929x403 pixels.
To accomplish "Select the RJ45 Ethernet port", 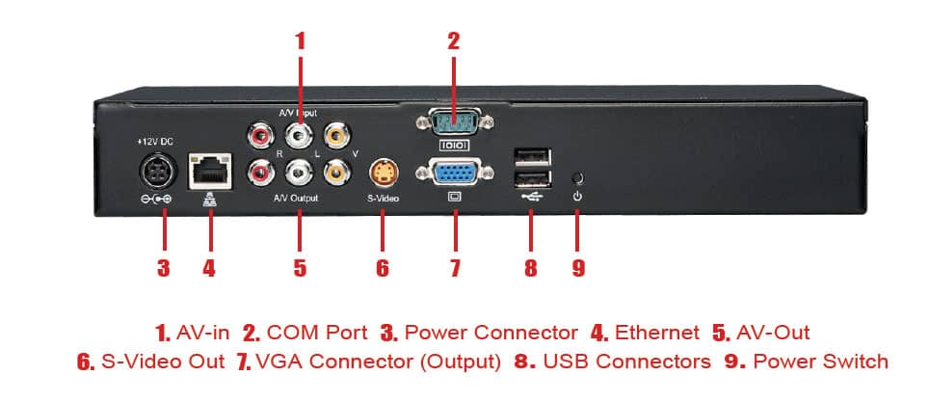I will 208,170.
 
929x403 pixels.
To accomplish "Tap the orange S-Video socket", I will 383,173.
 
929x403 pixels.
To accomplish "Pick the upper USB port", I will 531,155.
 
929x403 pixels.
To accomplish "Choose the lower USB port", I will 531,180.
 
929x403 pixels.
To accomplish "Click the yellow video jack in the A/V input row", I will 335,130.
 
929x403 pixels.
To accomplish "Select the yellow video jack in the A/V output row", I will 335,173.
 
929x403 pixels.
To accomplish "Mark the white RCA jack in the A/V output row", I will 299,173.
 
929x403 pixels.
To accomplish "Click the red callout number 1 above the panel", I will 300,40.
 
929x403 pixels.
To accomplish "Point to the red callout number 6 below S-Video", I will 383,266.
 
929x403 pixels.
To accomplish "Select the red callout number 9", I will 578,266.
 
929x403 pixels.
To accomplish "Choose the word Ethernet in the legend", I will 657,333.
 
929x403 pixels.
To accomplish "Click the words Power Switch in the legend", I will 820,362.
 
